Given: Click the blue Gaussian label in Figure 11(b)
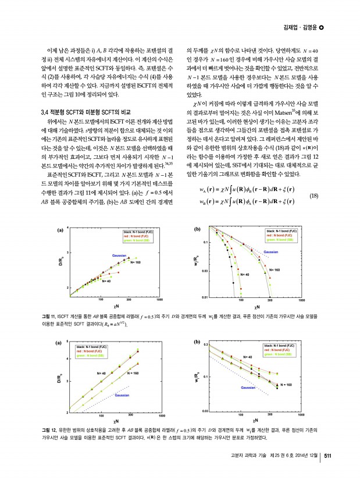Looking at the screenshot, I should tap(272, 251).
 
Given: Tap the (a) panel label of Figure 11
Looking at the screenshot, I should tap(59, 230).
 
